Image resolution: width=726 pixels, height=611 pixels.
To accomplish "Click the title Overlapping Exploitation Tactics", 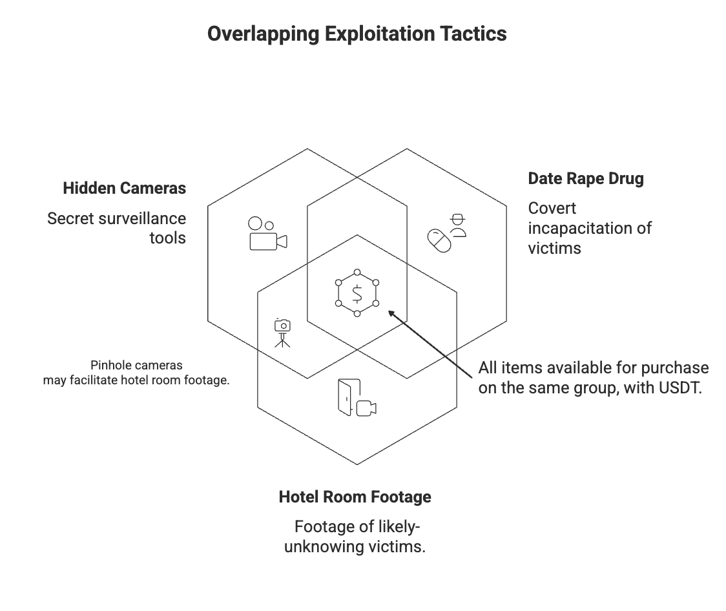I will (x=357, y=34).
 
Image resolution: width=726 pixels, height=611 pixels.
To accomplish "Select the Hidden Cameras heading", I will (x=124, y=189).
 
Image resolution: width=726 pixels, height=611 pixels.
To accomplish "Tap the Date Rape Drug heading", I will (x=586, y=179).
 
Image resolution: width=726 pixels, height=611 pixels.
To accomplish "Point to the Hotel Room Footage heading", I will (x=355, y=497).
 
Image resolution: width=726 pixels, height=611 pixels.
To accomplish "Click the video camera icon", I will (x=267, y=234).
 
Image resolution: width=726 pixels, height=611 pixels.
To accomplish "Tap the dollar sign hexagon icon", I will (x=357, y=295).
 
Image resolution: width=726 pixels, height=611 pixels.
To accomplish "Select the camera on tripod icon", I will (x=282, y=333).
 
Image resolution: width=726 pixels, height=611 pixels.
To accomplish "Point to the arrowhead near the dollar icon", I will (x=391, y=314).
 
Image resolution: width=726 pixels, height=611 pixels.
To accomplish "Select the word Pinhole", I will (x=111, y=366).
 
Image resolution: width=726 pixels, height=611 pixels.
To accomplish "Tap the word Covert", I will (x=552, y=209).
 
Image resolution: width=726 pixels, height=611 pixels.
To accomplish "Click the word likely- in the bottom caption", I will (x=398, y=526).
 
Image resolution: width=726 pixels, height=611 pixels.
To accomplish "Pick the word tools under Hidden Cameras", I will (x=167, y=238).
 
